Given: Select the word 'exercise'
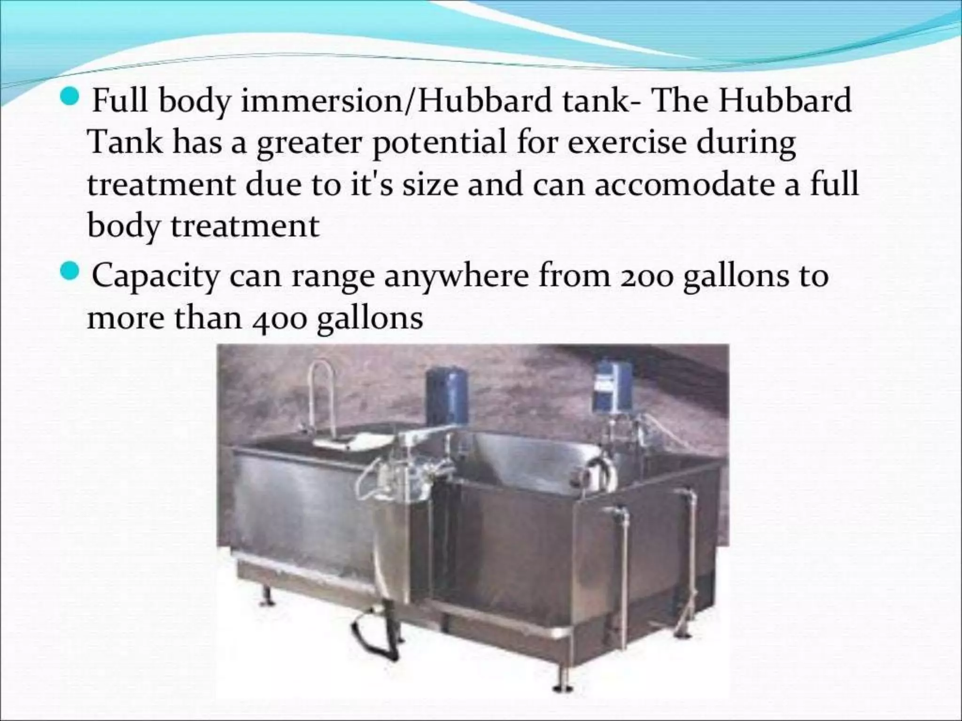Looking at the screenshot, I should (627, 142).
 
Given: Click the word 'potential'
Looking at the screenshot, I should (439, 143).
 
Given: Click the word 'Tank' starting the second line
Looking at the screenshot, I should (125, 142).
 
